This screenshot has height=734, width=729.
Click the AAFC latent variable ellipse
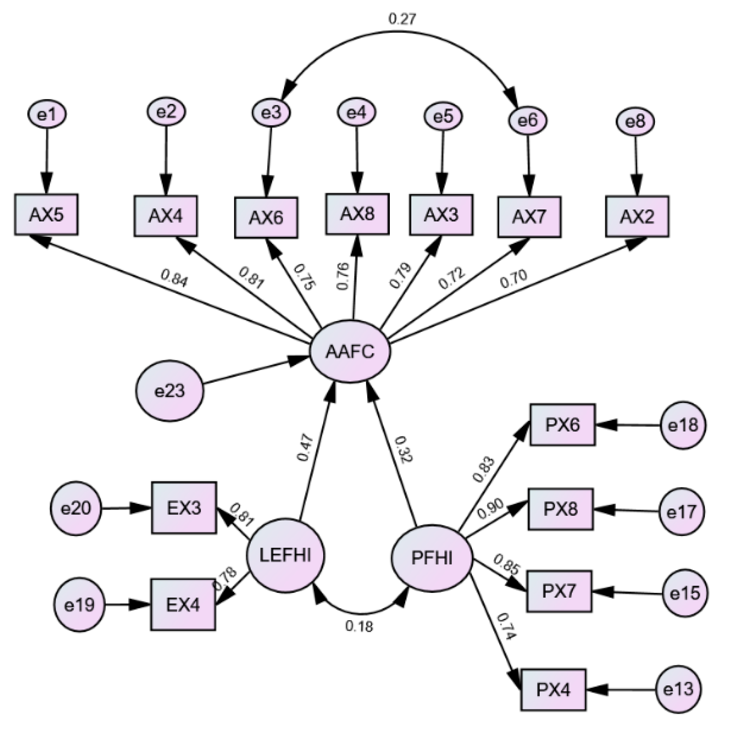point(350,352)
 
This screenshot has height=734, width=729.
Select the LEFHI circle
point(285,555)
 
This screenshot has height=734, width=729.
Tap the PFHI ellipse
point(432,558)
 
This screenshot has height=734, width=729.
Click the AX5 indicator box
point(46,215)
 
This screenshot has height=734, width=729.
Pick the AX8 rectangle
point(357,214)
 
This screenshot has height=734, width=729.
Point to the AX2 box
point(637,217)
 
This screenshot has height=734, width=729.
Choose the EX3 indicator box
point(184,508)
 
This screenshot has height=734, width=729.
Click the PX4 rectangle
point(553,689)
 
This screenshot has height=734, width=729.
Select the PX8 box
point(561,509)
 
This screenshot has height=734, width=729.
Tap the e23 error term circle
point(170,391)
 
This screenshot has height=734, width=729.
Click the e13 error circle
point(678,689)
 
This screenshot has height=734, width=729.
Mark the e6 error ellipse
point(528,120)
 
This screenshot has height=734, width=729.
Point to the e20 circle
point(76,509)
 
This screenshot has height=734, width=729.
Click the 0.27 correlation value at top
point(402,19)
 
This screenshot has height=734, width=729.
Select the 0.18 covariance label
point(359,626)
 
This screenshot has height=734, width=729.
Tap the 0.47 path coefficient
point(305,448)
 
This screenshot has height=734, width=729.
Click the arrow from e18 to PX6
point(628,426)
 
